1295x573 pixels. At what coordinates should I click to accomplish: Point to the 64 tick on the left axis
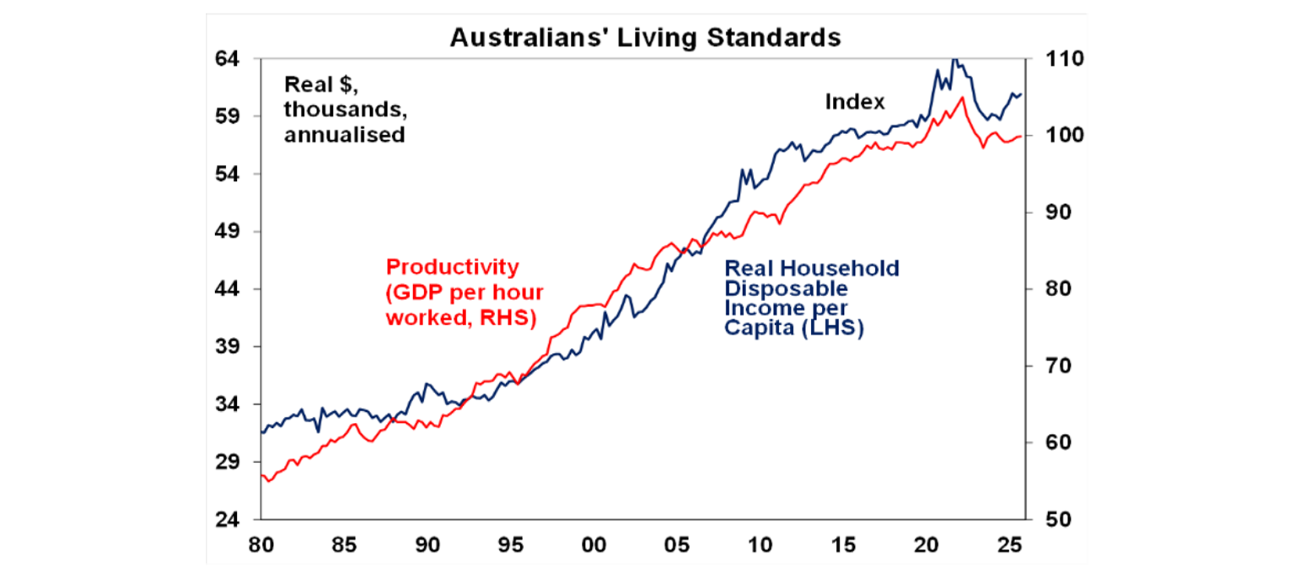(x=229, y=59)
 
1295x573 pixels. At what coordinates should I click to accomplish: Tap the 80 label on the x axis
(x=261, y=545)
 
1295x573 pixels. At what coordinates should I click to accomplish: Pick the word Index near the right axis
(x=854, y=102)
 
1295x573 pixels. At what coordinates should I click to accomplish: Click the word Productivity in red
(x=452, y=267)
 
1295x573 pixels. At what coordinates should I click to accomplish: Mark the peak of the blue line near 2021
(x=954, y=59)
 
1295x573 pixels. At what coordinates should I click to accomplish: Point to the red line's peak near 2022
(x=962, y=98)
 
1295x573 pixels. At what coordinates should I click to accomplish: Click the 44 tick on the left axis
(x=229, y=289)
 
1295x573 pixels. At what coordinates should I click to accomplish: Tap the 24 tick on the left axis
(x=229, y=519)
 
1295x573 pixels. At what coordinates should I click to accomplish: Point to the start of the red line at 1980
(x=262, y=476)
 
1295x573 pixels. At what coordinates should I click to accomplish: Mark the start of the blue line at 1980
(x=262, y=432)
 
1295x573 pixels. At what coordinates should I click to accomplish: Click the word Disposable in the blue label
(x=774, y=289)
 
